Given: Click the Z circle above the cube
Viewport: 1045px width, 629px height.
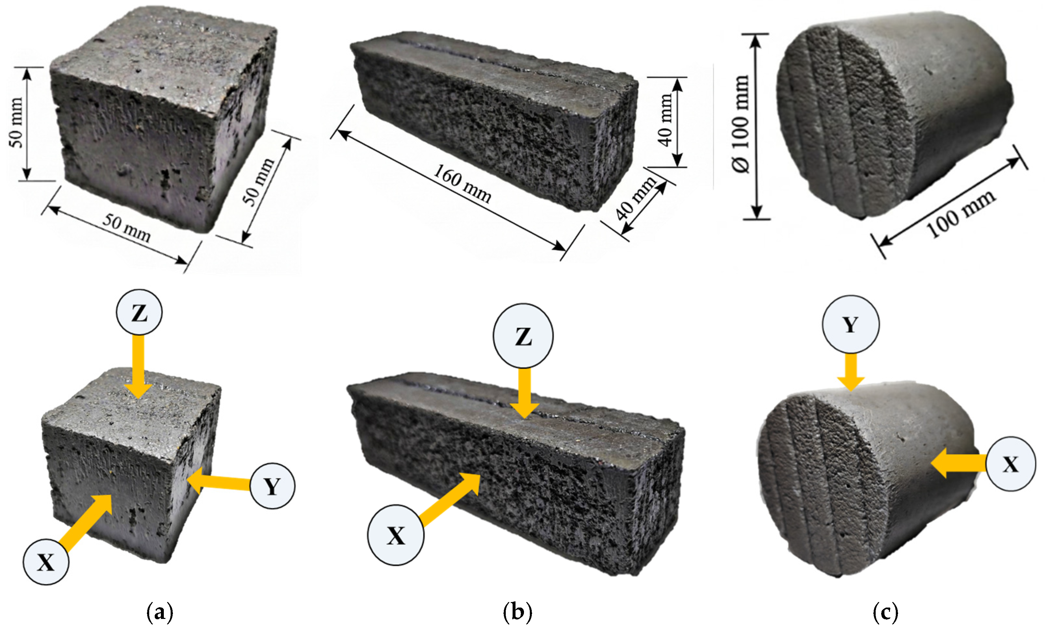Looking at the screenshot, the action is (x=139, y=313).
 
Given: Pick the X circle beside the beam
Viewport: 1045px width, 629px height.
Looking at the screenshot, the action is (x=396, y=535).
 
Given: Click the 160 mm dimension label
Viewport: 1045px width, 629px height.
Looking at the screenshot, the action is (x=462, y=184).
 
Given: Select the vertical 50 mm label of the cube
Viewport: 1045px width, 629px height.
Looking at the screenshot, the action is (x=16, y=122).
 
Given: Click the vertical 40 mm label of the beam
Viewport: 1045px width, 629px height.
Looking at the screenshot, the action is (x=666, y=120).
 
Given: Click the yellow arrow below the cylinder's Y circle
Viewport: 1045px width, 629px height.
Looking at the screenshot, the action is (x=851, y=372).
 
